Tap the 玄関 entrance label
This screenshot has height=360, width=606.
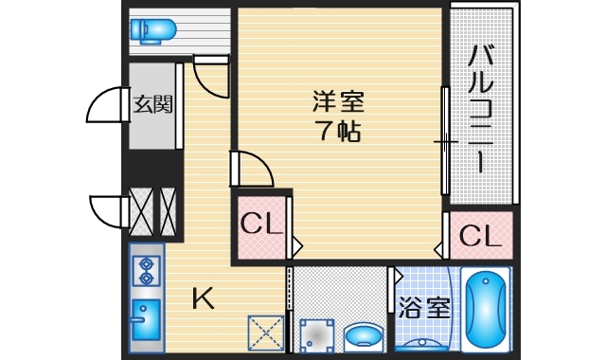151,104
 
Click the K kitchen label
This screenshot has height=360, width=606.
204,299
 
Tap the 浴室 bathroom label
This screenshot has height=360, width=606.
422,309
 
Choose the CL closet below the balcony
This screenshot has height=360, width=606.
480,236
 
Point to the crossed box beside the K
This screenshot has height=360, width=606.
263,333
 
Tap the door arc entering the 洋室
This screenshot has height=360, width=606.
253,168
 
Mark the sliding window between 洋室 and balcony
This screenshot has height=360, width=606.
445,142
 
